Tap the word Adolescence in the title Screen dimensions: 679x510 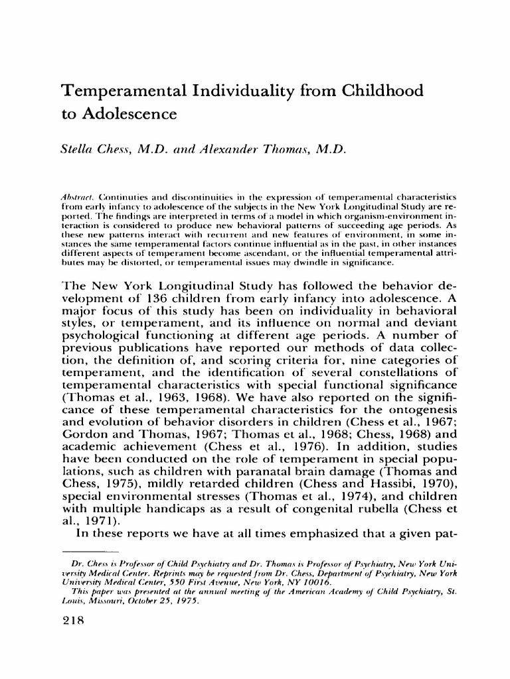[129, 115]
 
